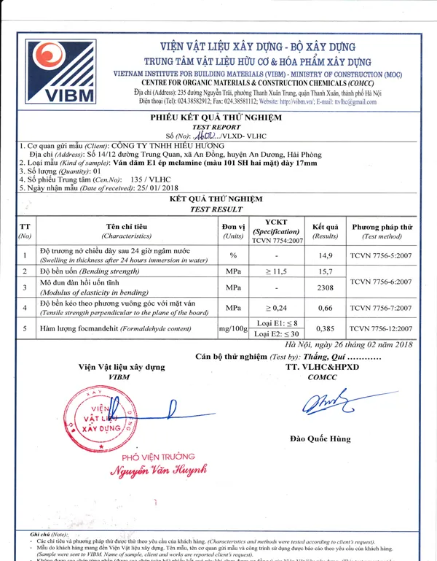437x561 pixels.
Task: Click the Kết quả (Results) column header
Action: coord(325,231)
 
